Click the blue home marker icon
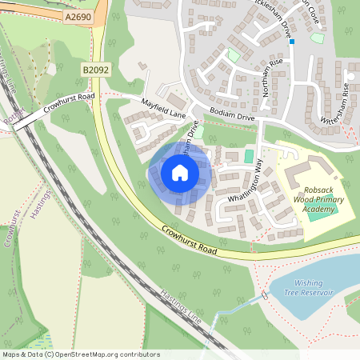point(180,173)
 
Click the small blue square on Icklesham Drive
point(292,42)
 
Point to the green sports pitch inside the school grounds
point(322,214)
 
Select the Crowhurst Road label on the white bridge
point(70,102)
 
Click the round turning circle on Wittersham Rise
point(349,76)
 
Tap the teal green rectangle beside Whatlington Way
point(249,155)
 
